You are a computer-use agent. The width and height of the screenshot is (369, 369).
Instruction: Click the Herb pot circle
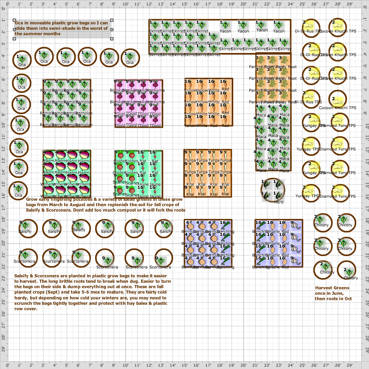coord(273,190)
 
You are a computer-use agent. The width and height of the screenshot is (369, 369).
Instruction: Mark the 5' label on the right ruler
coord(366,66)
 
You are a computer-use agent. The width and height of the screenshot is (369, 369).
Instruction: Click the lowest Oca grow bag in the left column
coord(19,191)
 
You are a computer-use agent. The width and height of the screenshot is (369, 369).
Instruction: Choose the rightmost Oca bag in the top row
coord(130,58)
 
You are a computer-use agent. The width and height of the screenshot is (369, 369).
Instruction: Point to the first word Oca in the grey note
coord(19,23)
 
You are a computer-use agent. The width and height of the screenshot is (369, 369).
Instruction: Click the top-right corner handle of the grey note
coord(112,20)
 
